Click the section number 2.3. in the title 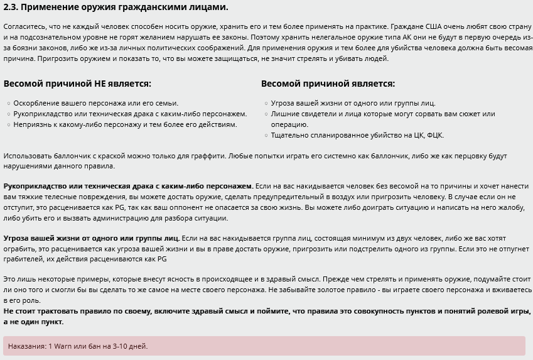click(x=11, y=8)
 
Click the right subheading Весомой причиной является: click(x=328, y=84)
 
